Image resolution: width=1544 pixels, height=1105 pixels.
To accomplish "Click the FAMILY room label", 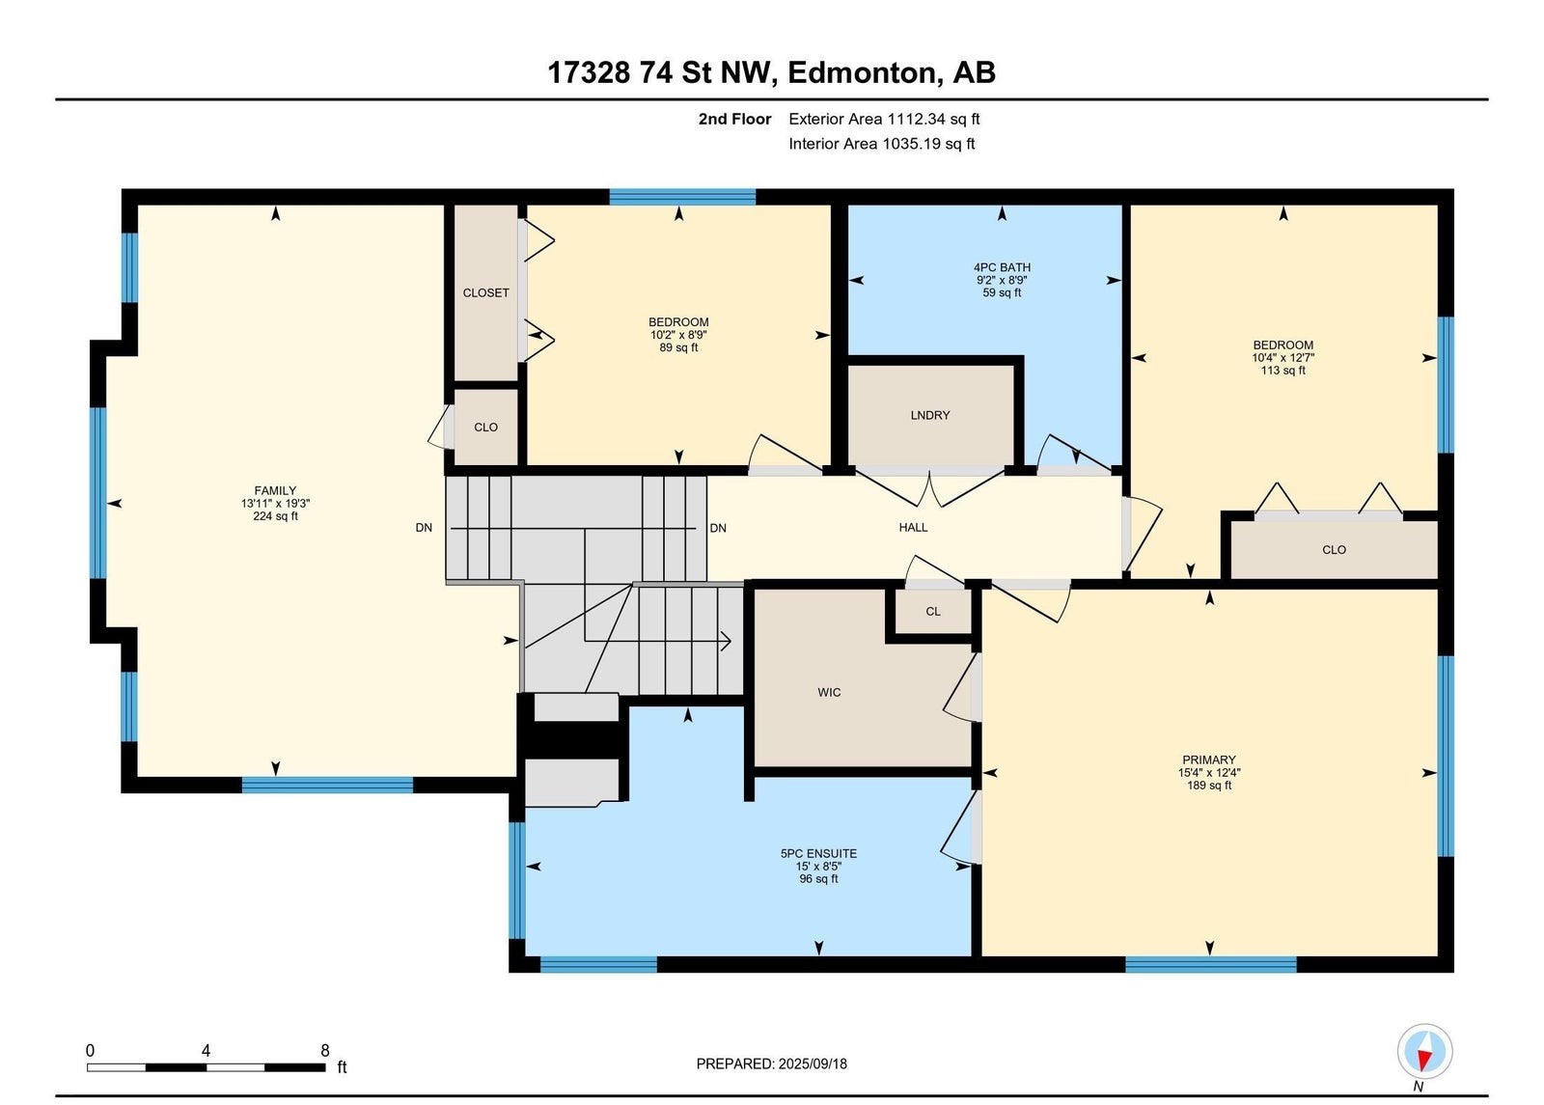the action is (x=275, y=491).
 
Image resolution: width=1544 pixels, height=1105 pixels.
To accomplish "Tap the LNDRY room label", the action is (x=930, y=415).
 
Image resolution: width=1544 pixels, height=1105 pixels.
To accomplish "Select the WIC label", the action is (x=829, y=692).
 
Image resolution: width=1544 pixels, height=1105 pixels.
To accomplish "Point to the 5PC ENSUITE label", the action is (x=819, y=853).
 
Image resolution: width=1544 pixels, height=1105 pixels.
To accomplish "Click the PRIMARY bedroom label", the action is (x=1209, y=760).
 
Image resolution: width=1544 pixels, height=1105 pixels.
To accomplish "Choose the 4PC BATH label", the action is (x=1003, y=267).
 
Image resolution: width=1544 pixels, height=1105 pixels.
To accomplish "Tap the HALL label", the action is (x=913, y=527).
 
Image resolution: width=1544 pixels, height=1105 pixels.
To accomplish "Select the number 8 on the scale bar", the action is (x=324, y=1051).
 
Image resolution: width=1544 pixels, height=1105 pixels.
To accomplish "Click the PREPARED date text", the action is (x=771, y=1064).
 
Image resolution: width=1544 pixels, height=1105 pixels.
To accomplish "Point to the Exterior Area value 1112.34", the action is (x=916, y=119).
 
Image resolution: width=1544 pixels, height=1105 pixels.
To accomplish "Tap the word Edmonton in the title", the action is (x=865, y=73).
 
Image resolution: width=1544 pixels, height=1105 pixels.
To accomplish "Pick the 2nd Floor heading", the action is (x=734, y=119).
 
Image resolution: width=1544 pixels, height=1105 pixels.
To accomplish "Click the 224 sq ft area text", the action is (x=275, y=516).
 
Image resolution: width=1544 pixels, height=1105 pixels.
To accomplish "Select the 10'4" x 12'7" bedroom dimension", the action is (x=1282, y=358).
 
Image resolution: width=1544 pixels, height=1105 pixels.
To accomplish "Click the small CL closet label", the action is (x=932, y=612).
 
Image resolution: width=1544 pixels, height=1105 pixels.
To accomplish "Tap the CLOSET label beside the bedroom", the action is (x=486, y=293).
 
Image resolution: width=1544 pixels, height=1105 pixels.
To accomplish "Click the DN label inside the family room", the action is (x=424, y=527).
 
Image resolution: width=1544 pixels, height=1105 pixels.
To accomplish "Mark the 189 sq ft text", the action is (x=1209, y=786).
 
